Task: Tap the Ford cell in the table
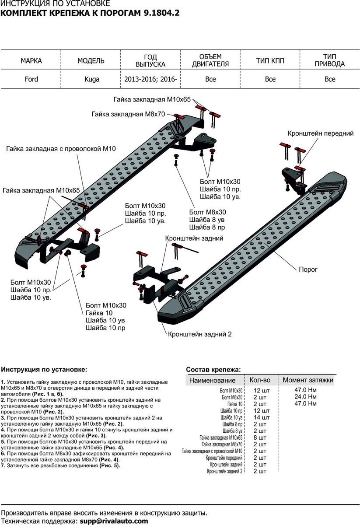[31, 79]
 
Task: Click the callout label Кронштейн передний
[320, 133]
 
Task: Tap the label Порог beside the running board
[308, 270]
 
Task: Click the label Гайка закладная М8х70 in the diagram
[128, 114]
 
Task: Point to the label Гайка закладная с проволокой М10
[61, 149]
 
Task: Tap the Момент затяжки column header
[308, 380]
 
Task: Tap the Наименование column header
[212, 381]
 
